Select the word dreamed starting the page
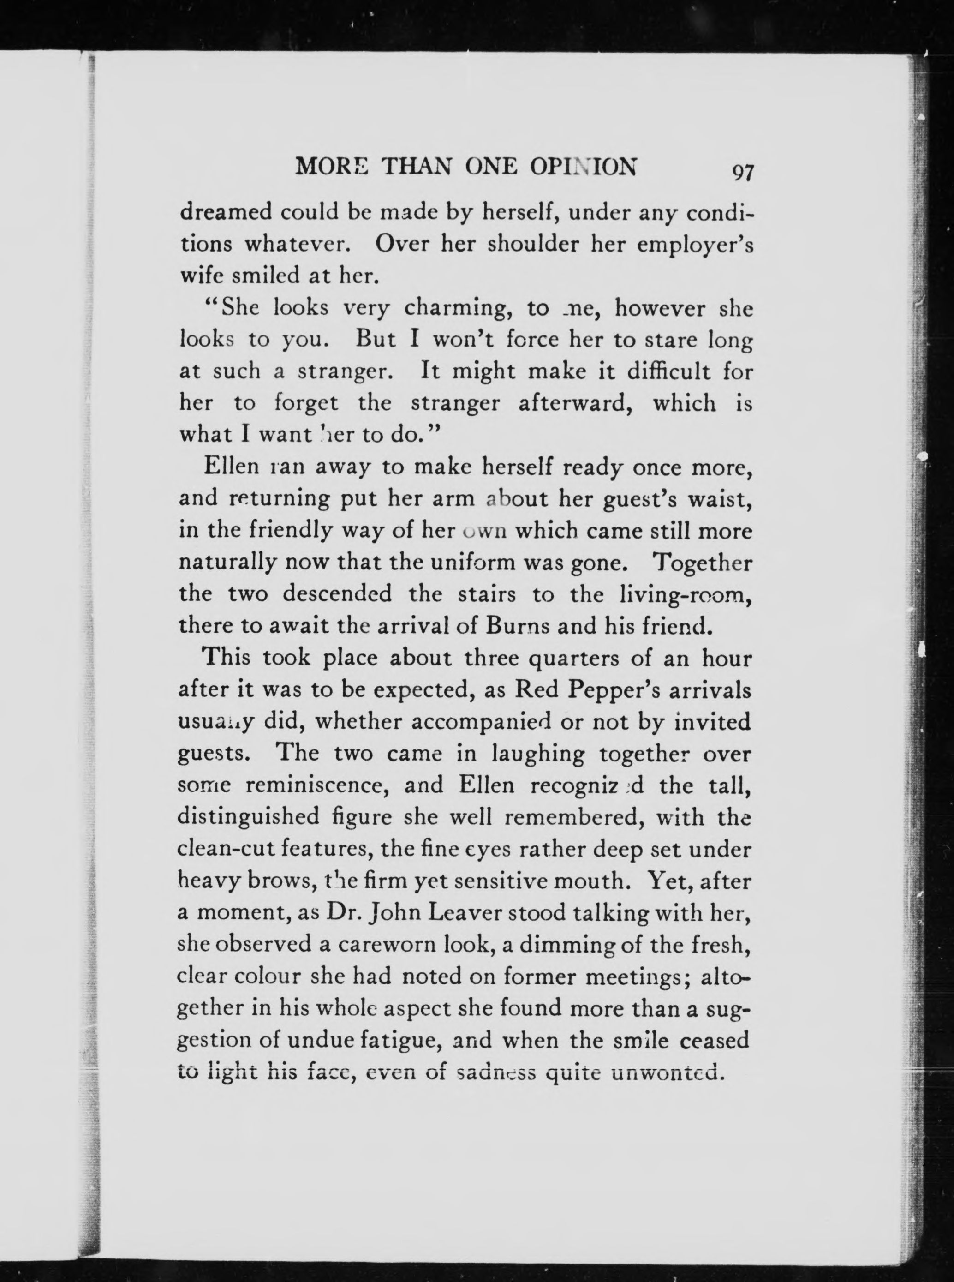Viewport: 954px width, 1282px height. click(x=226, y=212)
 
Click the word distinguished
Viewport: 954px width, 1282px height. click(x=249, y=817)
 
